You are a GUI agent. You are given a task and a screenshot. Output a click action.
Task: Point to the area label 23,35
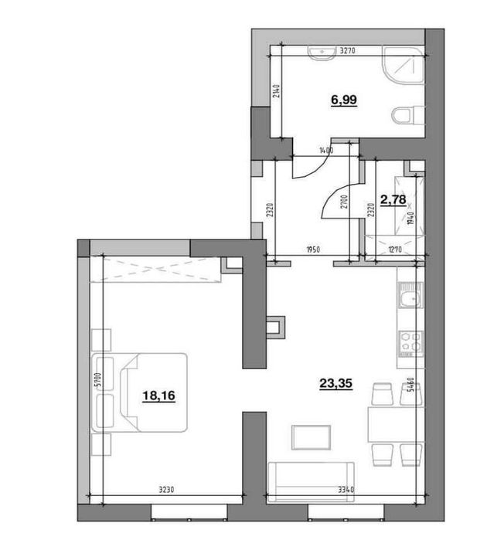click(336, 380)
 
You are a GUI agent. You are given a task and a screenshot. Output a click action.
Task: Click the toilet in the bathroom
click(404, 117)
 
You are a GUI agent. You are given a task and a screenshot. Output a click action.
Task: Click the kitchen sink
click(408, 298)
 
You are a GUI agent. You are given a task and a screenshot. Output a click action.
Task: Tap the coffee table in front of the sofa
click(309, 437)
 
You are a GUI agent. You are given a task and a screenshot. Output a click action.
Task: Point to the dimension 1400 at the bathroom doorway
click(325, 151)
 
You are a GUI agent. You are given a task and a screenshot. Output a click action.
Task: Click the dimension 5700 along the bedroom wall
click(90, 380)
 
